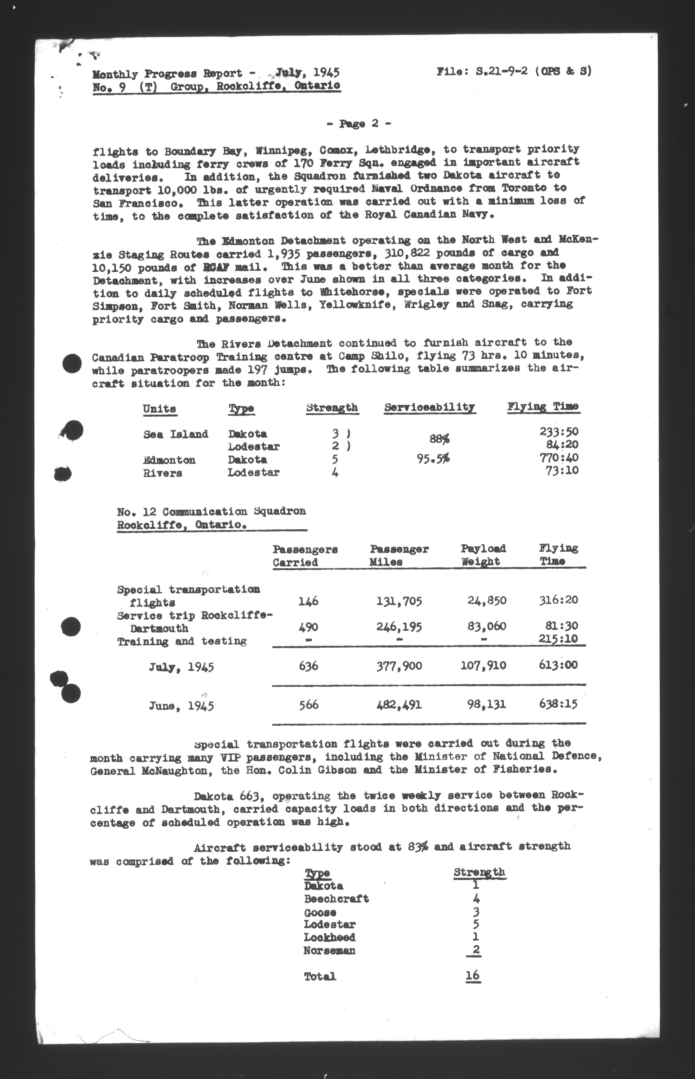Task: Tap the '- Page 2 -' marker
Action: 358,124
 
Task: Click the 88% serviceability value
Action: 439,438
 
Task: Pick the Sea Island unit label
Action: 176,434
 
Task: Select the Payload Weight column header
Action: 483,555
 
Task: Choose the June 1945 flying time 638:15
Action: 558,704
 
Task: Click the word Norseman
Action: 329,950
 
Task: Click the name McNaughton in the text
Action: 179,770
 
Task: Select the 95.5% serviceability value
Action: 433,459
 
